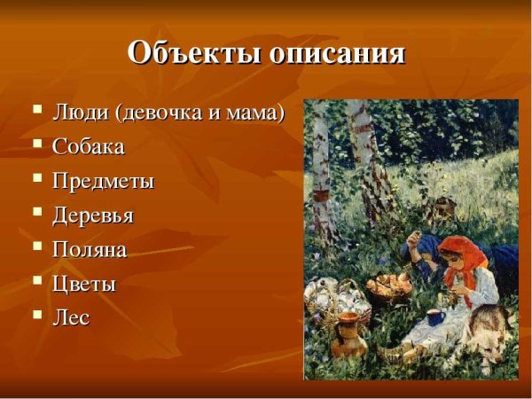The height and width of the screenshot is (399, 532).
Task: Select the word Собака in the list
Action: click(89, 146)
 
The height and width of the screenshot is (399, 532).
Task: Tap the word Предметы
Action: click(103, 181)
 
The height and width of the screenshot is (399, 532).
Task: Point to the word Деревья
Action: click(93, 215)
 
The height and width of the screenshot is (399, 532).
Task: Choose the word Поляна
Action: click(90, 249)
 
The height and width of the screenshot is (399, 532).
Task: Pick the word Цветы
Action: click(84, 284)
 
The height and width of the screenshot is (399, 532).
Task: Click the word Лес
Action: click(71, 317)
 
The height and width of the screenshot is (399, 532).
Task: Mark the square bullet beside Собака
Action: click(37, 143)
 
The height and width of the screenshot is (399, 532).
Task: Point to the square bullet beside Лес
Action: click(37, 314)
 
